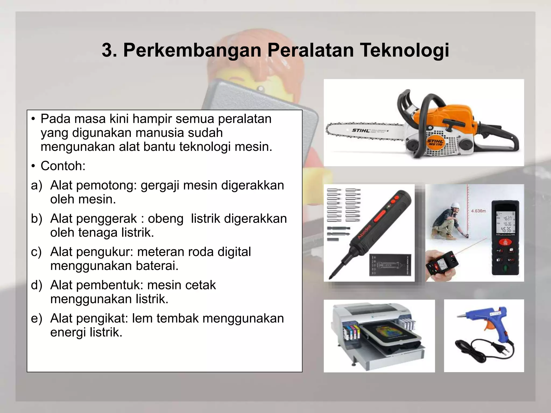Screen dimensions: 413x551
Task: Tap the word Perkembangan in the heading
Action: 192,50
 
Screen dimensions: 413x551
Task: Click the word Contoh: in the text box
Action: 63,166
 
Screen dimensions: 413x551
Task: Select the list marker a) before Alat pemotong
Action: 37,186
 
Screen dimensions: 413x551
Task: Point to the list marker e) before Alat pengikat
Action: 37,319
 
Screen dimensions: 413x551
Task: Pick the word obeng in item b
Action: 165,219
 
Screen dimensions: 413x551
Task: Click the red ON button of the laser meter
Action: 505,242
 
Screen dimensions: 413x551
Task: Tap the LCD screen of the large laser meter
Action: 506,224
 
